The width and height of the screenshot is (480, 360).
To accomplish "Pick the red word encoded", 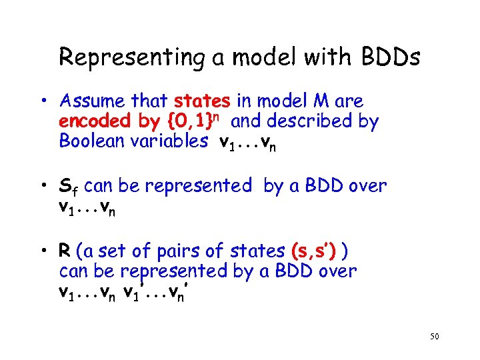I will point(87,121).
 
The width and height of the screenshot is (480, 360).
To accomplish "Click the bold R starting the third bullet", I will point(65,251).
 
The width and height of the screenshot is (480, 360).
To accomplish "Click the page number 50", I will point(434,338).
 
